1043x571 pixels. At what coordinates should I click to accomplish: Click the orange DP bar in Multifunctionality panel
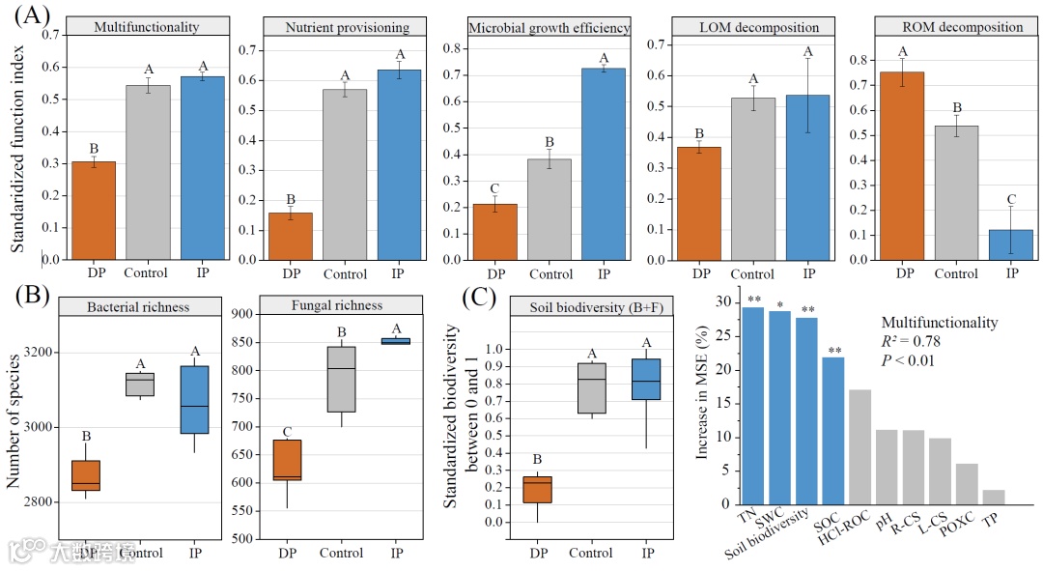point(93,211)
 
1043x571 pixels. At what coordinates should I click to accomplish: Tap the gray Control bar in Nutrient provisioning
point(345,175)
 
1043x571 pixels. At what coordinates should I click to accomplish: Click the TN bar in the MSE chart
point(753,405)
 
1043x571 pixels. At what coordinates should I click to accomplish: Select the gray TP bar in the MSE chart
point(995,497)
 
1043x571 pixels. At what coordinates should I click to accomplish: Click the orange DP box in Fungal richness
point(287,460)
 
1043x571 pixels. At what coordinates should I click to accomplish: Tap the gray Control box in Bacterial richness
point(141,384)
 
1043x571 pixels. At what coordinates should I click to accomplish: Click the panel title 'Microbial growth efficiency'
point(549,28)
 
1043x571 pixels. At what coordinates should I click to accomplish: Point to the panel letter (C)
point(480,298)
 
